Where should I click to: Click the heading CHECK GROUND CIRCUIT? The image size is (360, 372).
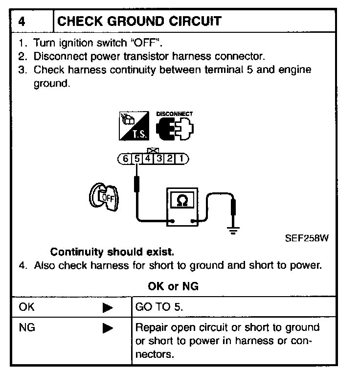point(139,22)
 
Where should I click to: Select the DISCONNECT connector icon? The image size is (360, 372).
point(174,126)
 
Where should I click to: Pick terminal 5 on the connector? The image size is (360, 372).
point(137,159)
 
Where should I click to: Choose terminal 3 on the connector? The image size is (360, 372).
point(159,159)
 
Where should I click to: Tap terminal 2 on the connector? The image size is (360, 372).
point(170,159)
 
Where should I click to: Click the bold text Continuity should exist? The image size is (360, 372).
point(112,253)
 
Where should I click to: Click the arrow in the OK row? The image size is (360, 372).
point(108,308)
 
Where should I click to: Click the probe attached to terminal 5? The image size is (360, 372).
point(138,186)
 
